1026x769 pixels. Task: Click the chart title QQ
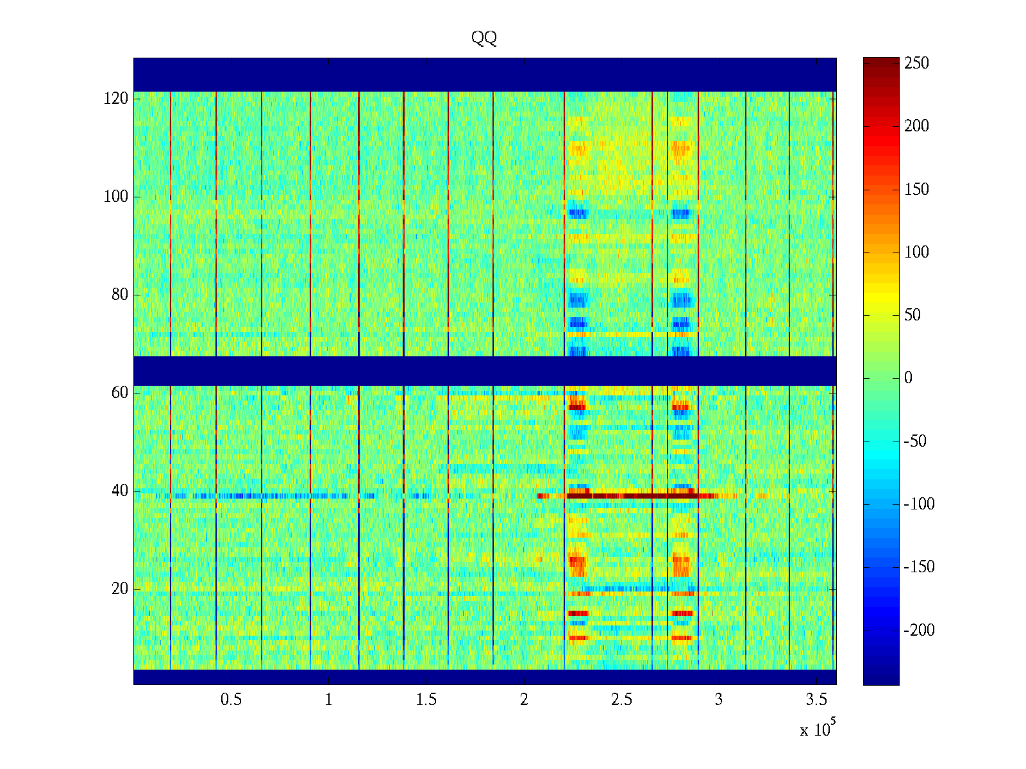click(484, 38)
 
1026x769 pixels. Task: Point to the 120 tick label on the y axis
click(116, 99)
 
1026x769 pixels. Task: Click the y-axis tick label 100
click(116, 197)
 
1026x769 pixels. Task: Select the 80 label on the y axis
click(120, 295)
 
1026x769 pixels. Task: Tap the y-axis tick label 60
click(120, 393)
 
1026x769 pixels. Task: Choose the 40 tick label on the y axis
click(120, 491)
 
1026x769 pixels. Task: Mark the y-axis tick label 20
click(120, 589)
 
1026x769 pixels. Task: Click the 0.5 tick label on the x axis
click(231, 700)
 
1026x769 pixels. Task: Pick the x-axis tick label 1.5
click(426, 700)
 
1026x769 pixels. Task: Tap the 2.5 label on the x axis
click(621, 700)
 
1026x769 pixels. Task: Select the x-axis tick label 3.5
click(816, 700)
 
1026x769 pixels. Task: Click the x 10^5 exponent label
click(817, 729)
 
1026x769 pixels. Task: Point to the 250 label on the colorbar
click(916, 63)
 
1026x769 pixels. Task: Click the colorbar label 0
click(908, 378)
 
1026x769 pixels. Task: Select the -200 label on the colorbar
click(919, 631)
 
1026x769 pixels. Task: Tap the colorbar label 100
click(916, 252)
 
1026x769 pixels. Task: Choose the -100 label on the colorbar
click(919, 504)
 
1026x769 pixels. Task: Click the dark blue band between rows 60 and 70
click(485, 370)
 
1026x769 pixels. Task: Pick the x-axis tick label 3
click(719, 700)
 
